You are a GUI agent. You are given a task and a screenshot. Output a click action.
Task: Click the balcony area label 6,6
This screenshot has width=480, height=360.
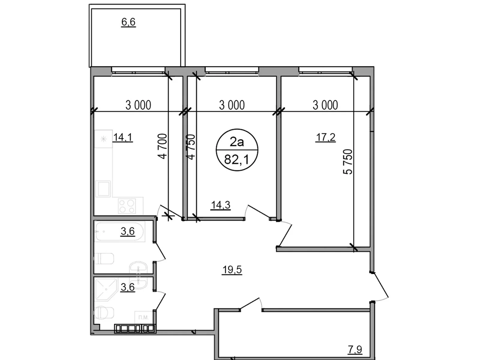pyautogui.click(x=128, y=22)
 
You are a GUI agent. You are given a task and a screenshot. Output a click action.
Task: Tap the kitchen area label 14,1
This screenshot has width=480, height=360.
pyautogui.click(x=123, y=137)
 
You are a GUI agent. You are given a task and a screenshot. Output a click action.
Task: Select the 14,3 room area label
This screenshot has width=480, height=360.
pyautogui.click(x=220, y=205)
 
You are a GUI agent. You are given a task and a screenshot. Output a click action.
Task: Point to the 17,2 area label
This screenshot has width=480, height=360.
pyautogui.click(x=325, y=137)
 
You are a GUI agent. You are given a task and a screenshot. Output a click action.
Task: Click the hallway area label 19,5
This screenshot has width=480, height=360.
pyautogui.click(x=232, y=270)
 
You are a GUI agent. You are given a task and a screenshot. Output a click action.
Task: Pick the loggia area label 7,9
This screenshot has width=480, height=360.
pyautogui.click(x=355, y=349)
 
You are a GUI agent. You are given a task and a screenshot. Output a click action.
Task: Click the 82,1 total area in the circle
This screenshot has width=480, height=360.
pyautogui.click(x=237, y=160)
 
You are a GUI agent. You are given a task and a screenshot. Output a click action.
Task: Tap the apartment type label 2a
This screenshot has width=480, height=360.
pyautogui.click(x=237, y=142)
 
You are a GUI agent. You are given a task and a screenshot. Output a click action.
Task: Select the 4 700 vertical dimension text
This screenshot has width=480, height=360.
pyautogui.click(x=162, y=146)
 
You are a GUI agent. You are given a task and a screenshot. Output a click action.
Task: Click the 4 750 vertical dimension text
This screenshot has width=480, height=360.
pyautogui.click(x=191, y=146)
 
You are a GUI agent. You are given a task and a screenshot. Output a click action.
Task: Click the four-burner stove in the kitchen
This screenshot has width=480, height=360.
pyautogui.click(x=127, y=206)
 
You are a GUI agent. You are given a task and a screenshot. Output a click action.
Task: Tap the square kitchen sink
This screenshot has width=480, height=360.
pyautogui.click(x=103, y=188)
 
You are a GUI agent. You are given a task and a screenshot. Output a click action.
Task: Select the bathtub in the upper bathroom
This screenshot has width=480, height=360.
pyautogui.click(x=119, y=231)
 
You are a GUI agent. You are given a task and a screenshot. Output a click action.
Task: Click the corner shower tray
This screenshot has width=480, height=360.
pyautogui.click(x=105, y=289)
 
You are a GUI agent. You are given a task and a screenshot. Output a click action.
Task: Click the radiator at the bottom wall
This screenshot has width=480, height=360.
pyautogui.click(x=135, y=329)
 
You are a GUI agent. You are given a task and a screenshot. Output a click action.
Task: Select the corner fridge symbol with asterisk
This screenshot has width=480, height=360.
pyautogui.click(x=103, y=139)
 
